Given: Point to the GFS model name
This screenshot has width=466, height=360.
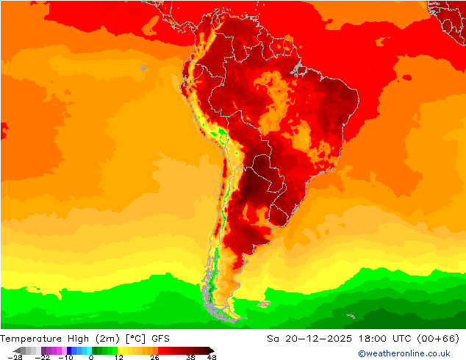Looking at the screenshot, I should (161, 339).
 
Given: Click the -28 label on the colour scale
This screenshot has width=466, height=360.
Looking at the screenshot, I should (15, 357).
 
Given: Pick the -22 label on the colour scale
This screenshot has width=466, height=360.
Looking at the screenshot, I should (42, 357).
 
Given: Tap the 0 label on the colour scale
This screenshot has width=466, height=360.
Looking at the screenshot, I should (91, 357).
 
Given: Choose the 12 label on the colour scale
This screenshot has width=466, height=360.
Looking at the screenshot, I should (119, 357).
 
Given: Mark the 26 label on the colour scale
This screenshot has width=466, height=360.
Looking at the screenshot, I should (154, 357).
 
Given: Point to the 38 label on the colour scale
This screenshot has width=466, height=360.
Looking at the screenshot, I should (190, 357).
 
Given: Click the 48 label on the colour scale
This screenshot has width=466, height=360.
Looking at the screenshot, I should (211, 357).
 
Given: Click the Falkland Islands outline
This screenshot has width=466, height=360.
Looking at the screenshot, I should (262, 303).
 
